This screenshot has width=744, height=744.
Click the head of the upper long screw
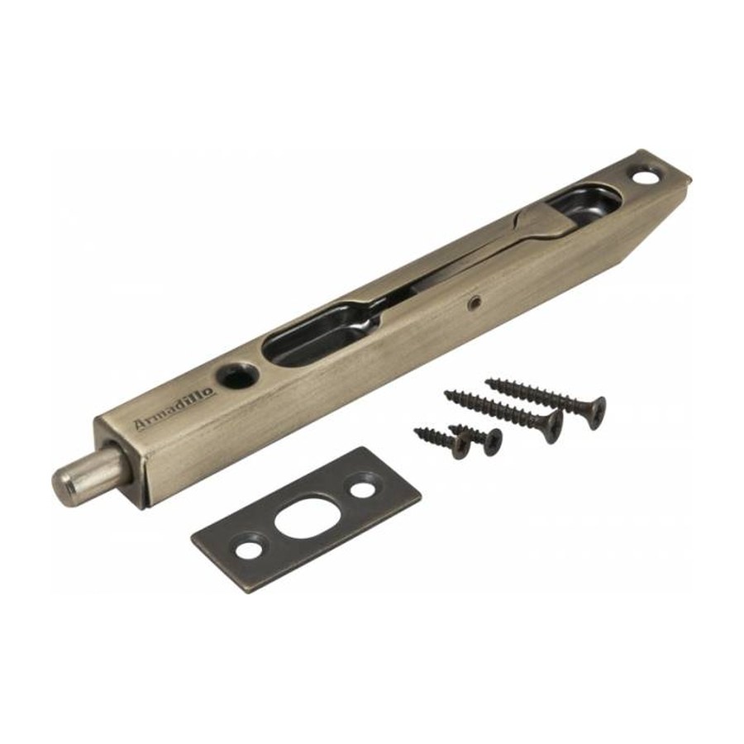(595, 413)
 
